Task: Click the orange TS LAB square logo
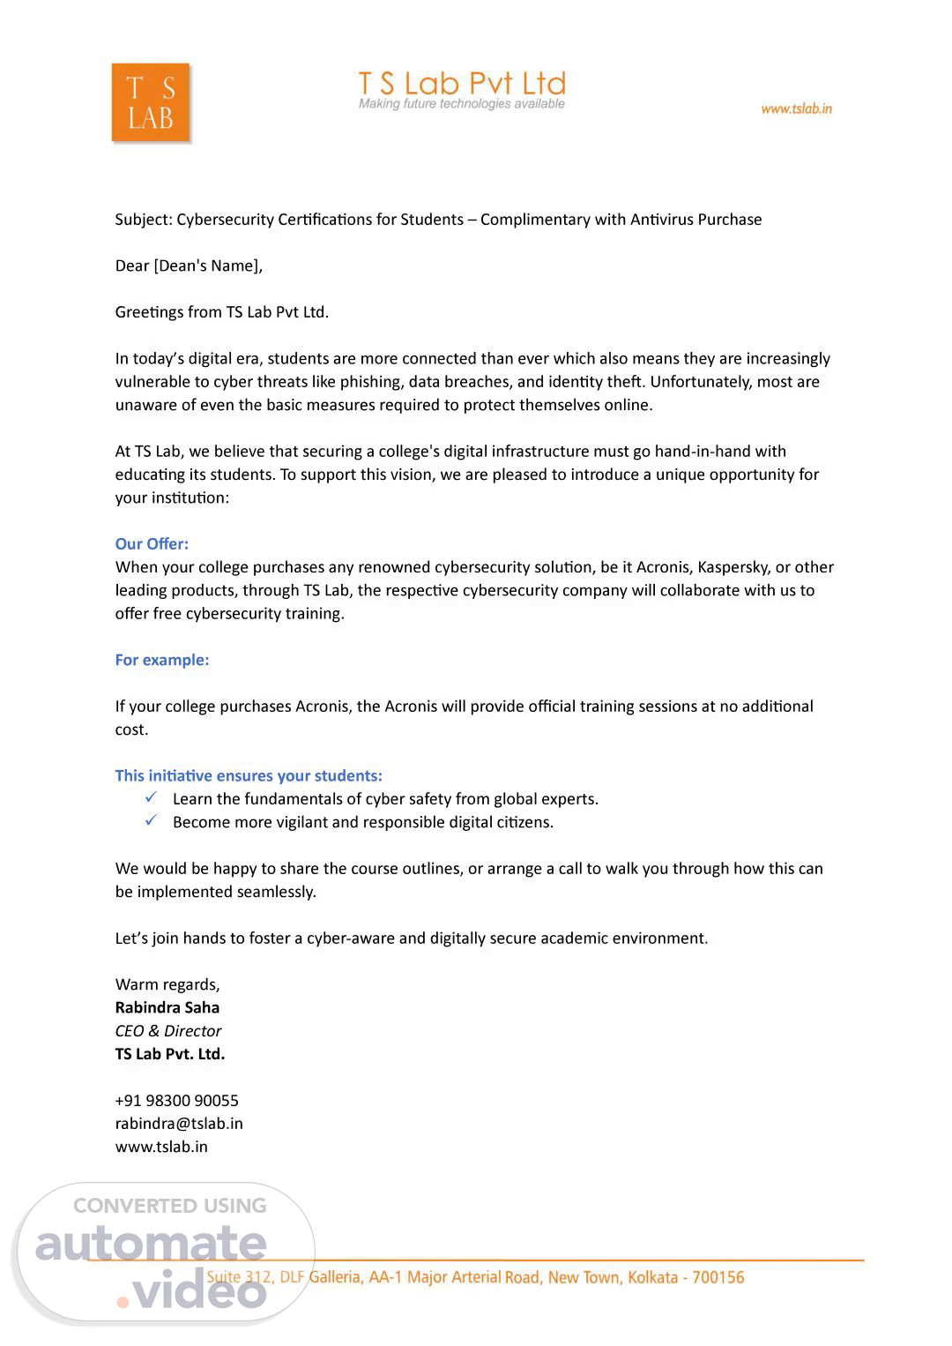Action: pos(151,102)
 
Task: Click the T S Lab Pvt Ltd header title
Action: pos(461,84)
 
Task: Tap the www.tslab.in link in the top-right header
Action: pos(796,108)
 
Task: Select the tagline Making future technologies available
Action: pos(461,104)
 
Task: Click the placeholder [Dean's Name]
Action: pos(208,265)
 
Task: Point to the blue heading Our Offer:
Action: pos(152,543)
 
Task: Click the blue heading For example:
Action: pos(162,660)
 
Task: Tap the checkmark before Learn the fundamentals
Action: pos(152,797)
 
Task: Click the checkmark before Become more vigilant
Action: pos(152,820)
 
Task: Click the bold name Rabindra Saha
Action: pos(167,1007)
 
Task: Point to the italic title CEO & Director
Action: pos(168,1030)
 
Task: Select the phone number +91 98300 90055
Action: pos(177,1100)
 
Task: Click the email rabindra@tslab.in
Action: pos(179,1123)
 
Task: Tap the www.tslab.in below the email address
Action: pos(161,1147)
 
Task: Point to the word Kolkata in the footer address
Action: pos(652,1277)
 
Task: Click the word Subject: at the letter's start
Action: pos(144,220)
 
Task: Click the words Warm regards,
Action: pos(167,984)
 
